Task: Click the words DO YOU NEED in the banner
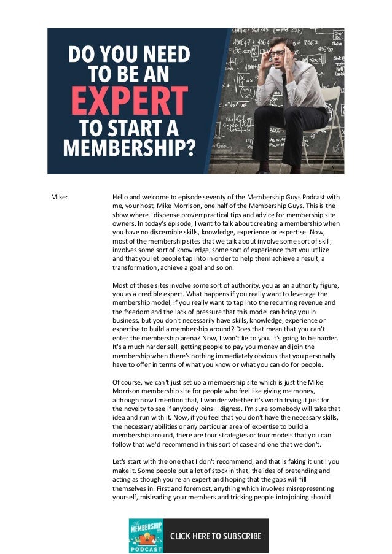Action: (x=129, y=55)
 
